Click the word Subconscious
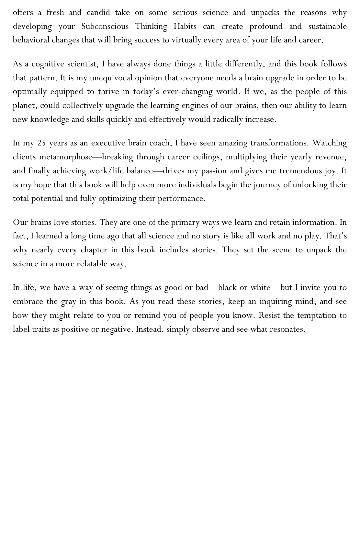coord(105,26)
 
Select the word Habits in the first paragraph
coord(185,26)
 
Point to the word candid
coord(98,12)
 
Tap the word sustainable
coord(327,26)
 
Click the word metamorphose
coord(66,157)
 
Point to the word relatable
coord(92,264)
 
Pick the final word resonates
coord(286,329)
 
